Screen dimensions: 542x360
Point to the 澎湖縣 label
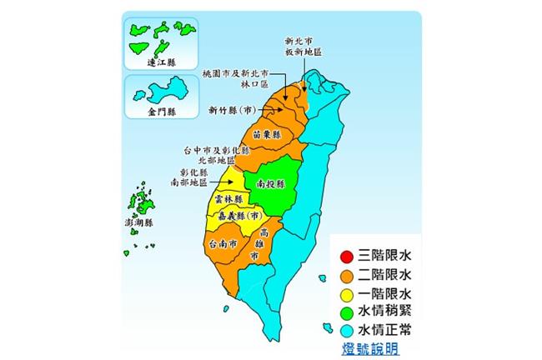tap(138, 223)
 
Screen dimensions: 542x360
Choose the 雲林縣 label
tap(228, 200)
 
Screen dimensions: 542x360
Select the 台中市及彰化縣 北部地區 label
tap(214, 153)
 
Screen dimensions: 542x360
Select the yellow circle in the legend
tap(346, 294)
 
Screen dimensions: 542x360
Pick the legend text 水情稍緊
tap(385, 313)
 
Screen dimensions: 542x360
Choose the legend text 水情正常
tap(385, 332)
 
